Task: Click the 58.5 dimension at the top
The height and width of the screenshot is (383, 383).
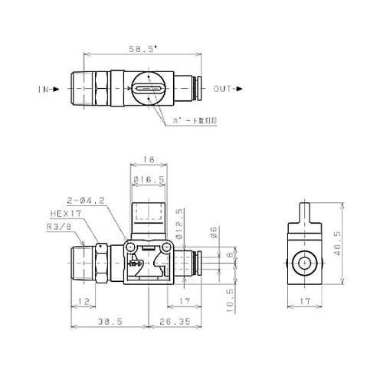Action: click(x=142, y=48)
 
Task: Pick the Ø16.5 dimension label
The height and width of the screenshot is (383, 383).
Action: click(x=149, y=180)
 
